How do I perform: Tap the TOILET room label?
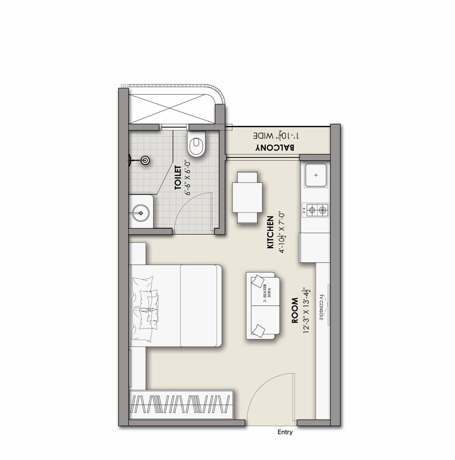[x=178, y=178]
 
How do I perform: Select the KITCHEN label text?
[x=270, y=232]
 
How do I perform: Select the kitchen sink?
[x=316, y=175]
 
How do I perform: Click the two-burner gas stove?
[x=315, y=210]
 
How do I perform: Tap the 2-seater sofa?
[x=263, y=305]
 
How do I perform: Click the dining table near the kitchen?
[x=247, y=198]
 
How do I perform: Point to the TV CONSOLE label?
[x=321, y=307]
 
